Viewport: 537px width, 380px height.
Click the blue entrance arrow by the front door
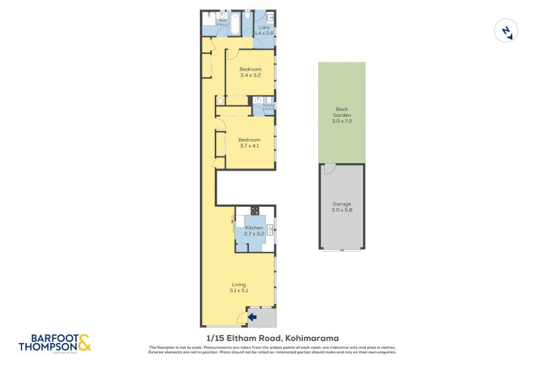(252, 316)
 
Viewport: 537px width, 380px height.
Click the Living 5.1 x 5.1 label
(239, 287)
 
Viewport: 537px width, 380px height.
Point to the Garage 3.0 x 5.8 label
(341, 207)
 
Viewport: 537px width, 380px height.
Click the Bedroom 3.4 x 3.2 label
(250, 73)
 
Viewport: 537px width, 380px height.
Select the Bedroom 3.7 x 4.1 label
(249, 143)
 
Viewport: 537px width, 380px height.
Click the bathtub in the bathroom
(234, 26)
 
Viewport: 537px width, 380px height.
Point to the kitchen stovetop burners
(255, 210)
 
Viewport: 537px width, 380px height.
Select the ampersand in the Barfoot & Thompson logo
(83, 344)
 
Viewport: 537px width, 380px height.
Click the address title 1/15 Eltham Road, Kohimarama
(272, 338)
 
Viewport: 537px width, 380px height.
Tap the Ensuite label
(268, 107)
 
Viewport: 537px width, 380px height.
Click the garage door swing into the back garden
(328, 169)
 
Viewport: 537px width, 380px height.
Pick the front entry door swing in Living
(242, 318)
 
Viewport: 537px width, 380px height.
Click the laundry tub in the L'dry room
(271, 17)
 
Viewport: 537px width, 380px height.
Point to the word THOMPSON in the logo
(47, 347)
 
